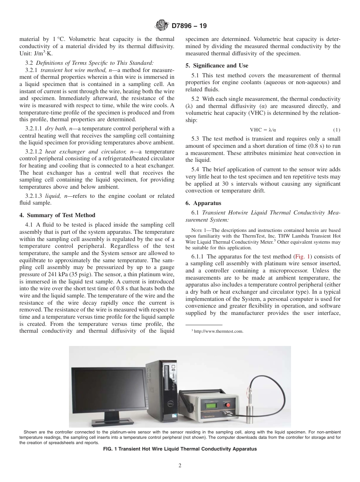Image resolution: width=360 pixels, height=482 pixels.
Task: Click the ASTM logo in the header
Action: point(162,26)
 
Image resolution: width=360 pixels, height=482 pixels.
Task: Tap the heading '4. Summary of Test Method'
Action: point(57,215)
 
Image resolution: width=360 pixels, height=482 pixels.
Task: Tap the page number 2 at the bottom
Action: point(180,466)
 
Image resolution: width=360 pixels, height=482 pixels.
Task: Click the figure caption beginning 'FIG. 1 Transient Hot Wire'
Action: point(180,449)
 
